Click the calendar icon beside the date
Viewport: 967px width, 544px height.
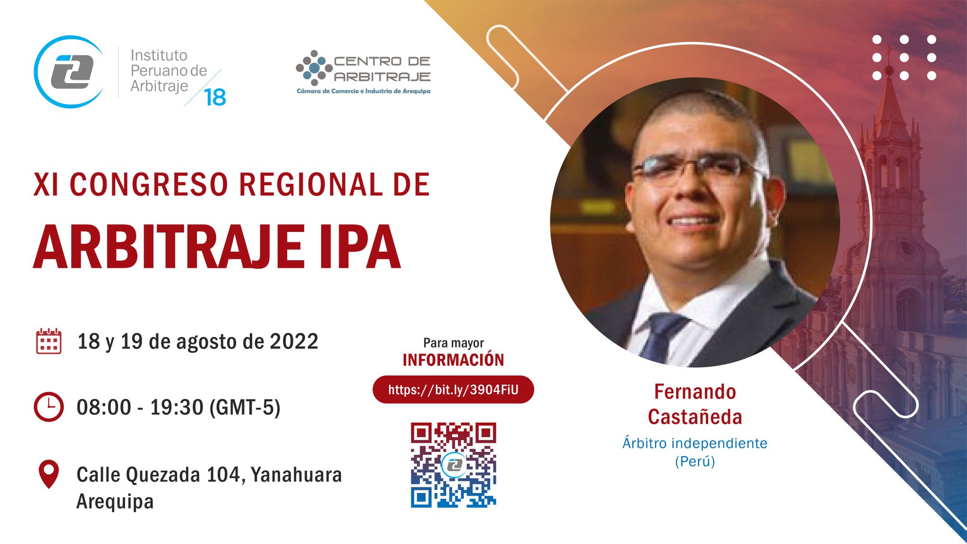(49, 341)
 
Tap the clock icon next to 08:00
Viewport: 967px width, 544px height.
(49, 407)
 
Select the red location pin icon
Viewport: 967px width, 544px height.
(49, 474)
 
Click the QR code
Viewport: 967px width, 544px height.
(453, 465)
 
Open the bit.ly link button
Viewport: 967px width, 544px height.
(453, 390)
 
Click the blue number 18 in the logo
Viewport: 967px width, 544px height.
(215, 97)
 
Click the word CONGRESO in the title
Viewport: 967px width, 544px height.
(149, 184)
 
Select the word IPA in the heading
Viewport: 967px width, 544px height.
(360, 247)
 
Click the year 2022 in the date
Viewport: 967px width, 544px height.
(294, 341)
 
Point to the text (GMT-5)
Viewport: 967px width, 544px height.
(245, 408)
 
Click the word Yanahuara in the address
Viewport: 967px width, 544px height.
(296, 475)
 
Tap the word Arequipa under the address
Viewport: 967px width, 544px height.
(115, 501)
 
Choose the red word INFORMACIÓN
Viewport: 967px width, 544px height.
(453, 360)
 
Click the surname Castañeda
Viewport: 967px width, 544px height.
(695, 417)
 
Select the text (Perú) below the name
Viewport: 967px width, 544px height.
(695, 461)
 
